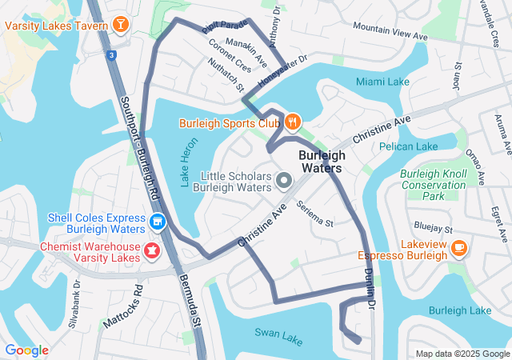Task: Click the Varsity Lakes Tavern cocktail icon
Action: click(120, 25)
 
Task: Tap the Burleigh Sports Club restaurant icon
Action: click(293, 123)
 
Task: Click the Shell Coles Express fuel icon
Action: click(158, 221)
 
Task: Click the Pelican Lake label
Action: click(408, 146)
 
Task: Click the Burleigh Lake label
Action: click(459, 310)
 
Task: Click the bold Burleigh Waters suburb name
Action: click(321, 162)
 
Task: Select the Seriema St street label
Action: click(314, 214)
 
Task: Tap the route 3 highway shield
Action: click(111, 54)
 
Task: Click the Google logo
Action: click(26, 350)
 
